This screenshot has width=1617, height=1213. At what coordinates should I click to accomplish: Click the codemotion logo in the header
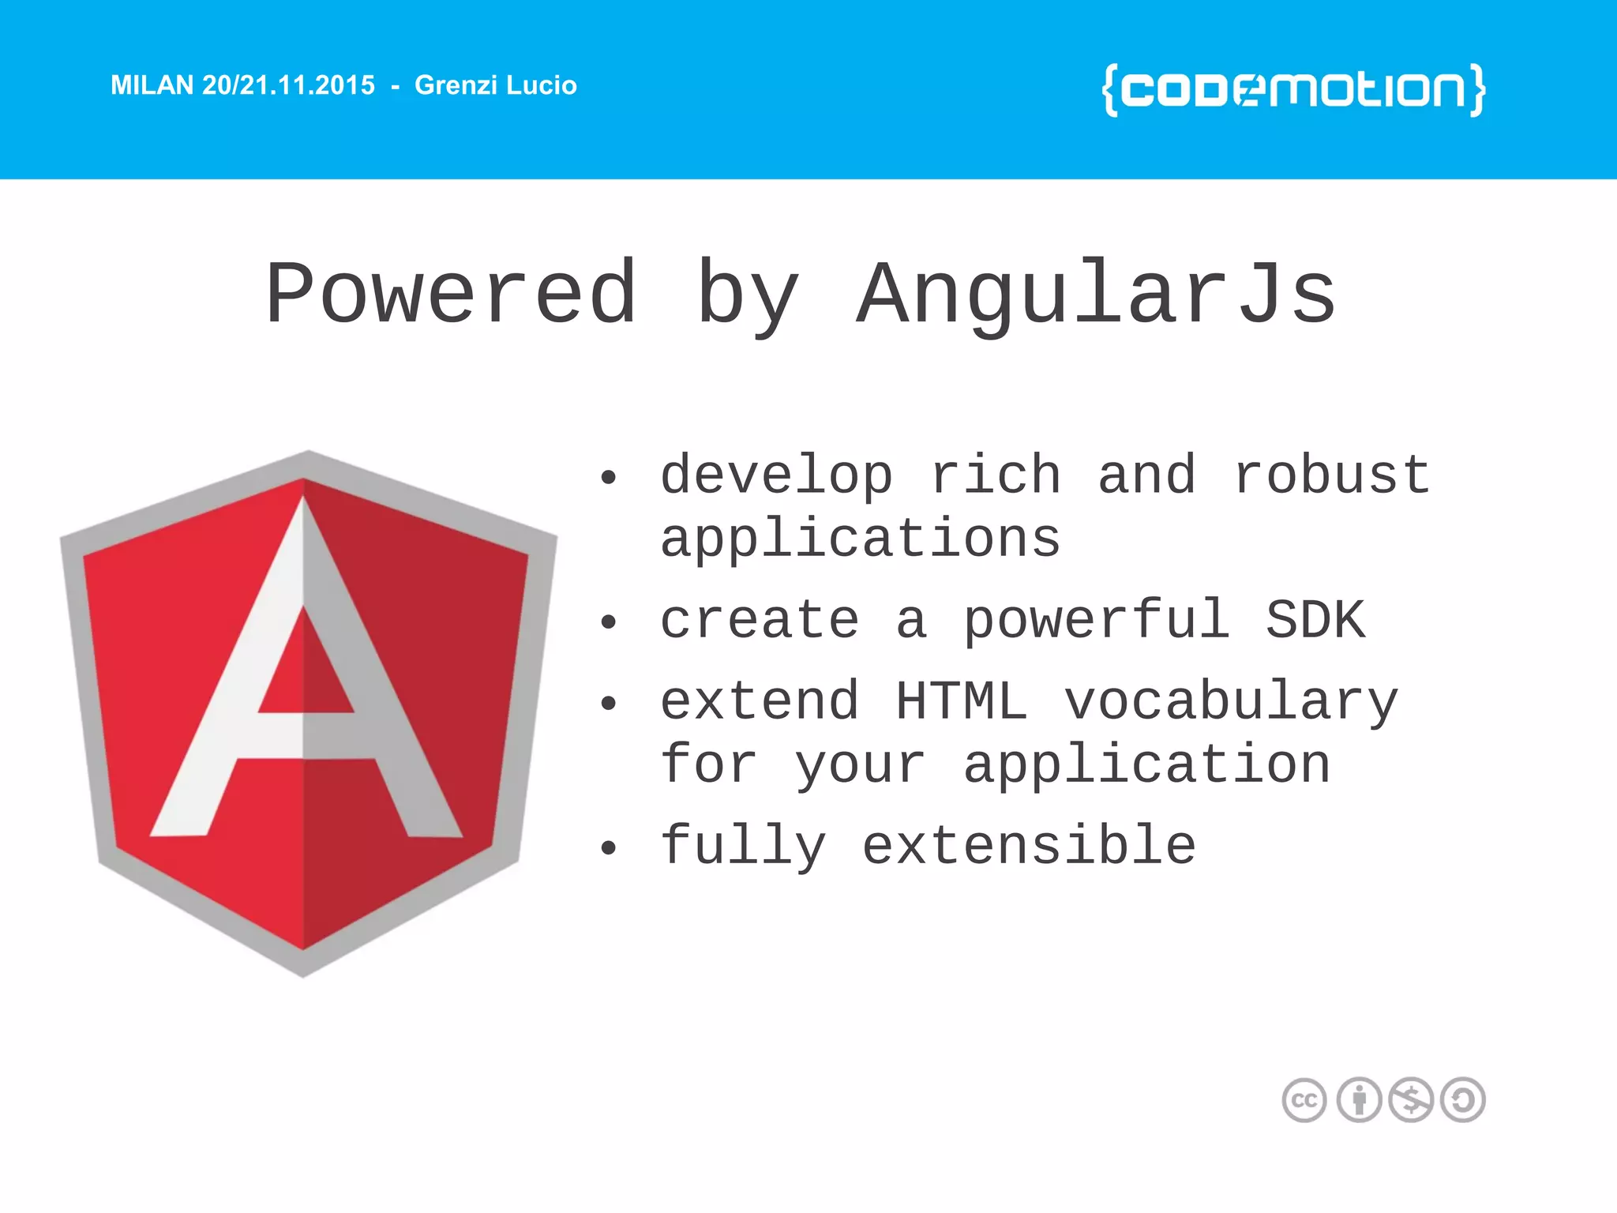point(1293,90)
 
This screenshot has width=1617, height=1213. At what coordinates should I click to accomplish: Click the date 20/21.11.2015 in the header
point(288,85)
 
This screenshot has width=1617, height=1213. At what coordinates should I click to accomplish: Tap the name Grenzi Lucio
point(495,85)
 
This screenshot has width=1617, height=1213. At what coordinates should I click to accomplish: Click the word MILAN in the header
point(152,85)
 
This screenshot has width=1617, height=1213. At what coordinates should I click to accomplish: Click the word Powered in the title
point(451,295)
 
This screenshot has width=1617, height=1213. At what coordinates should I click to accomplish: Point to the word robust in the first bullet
point(1331,475)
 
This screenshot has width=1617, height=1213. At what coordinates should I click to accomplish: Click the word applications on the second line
point(860,540)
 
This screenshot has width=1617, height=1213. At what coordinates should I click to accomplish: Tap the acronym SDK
point(1315,621)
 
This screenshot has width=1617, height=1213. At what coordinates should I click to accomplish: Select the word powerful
point(1096,621)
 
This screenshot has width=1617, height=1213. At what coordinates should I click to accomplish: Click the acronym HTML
point(961,701)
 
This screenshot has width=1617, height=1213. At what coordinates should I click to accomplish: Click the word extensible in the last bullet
point(1029,846)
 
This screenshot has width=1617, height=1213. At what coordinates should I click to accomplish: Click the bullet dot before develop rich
point(607,478)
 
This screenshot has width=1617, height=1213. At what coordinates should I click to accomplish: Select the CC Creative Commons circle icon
point(1304,1100)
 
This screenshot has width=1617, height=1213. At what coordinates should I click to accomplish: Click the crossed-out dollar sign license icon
point(1410,1100)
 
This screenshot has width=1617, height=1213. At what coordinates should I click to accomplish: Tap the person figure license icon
point(1358,1100)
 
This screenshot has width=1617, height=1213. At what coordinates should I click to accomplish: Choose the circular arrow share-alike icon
point(1462,1100)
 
